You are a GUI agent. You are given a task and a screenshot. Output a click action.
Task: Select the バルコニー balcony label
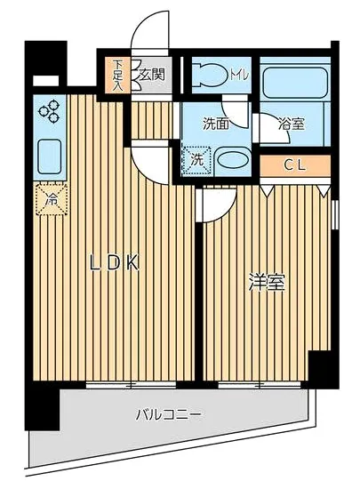168,413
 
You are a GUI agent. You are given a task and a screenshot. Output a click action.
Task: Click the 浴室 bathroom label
292,125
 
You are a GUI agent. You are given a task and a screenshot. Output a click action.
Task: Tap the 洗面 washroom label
216,125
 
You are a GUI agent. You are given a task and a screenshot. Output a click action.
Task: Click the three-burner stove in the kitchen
50,111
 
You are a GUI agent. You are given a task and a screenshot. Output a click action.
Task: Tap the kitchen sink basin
49,156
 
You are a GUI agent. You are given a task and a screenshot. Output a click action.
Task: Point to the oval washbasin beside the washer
233,163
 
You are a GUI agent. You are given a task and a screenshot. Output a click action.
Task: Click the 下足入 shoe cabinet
117,73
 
